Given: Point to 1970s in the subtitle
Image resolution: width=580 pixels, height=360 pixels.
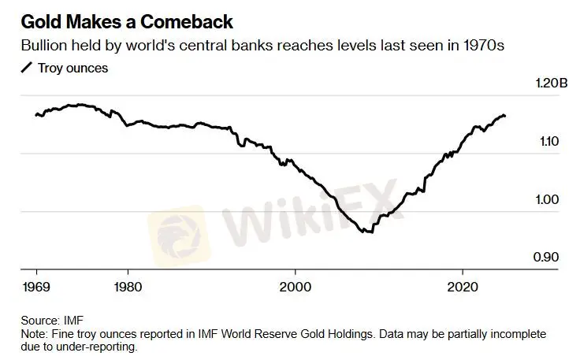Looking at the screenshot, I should tap(483, 46).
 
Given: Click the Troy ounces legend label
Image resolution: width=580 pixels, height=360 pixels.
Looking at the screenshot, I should tap(72, 68).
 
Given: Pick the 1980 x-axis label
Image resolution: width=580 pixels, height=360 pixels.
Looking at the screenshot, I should tap(128, 287).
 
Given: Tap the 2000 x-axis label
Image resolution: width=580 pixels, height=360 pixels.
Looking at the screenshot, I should tap(296, 287).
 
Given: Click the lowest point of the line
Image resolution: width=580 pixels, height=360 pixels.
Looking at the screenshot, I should tap(368, 232).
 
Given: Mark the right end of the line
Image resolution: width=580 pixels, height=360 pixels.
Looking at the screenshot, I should tap(505, 116).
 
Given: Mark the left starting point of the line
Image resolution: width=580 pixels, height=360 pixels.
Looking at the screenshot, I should tap(36, 115).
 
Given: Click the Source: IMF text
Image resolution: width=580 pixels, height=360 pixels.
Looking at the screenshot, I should tap(52, 321).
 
